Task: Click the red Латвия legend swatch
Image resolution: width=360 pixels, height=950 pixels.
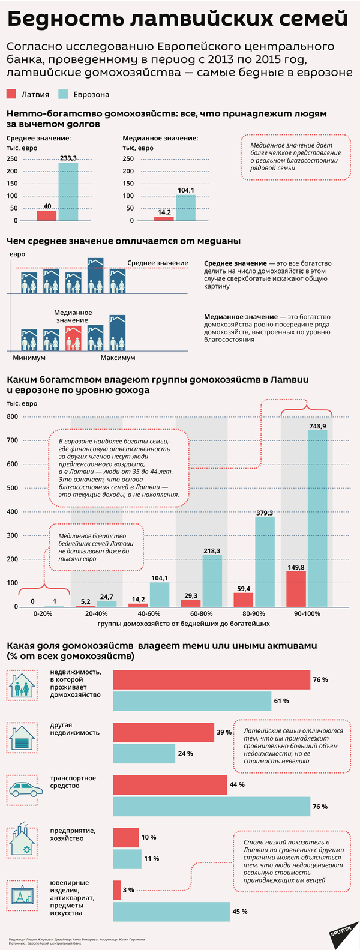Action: pos(11,94)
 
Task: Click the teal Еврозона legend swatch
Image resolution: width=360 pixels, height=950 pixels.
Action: pos(63,94)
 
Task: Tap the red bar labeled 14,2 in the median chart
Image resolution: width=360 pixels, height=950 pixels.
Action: pos(164,218)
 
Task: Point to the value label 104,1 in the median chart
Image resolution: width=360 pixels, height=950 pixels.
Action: pos(186,190)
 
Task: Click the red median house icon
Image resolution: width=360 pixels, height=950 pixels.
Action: pos(73,339)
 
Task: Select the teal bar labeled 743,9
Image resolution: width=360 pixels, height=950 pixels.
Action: pos(317,518)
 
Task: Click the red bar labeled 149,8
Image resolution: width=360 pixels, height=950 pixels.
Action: pos(296,589)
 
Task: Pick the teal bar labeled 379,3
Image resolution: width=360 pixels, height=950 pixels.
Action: pos(265,561)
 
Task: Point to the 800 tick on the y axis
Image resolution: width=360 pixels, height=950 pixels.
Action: pos(13,416)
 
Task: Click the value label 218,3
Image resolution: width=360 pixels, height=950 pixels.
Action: pos(212,550)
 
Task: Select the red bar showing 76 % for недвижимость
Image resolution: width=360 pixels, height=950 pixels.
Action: pos(211,679)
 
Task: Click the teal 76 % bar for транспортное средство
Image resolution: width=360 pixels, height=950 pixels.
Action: pos(211,806)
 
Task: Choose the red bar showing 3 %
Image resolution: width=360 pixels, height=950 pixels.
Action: pos(116,889)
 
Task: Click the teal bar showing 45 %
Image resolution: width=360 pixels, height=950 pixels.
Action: pos(171,911)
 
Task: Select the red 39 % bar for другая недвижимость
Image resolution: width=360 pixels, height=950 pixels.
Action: pos(163,732)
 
